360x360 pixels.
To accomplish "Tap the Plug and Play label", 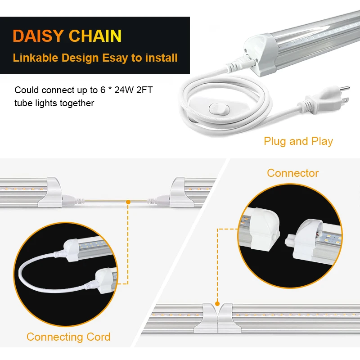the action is [x=298, y=141].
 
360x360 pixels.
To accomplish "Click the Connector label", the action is [x=292, y=173].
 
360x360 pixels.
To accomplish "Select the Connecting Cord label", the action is [x=68, y=337].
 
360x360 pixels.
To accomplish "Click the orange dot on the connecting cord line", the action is [x=129, y=202].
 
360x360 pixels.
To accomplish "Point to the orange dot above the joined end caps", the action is [x=218, y=304].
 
